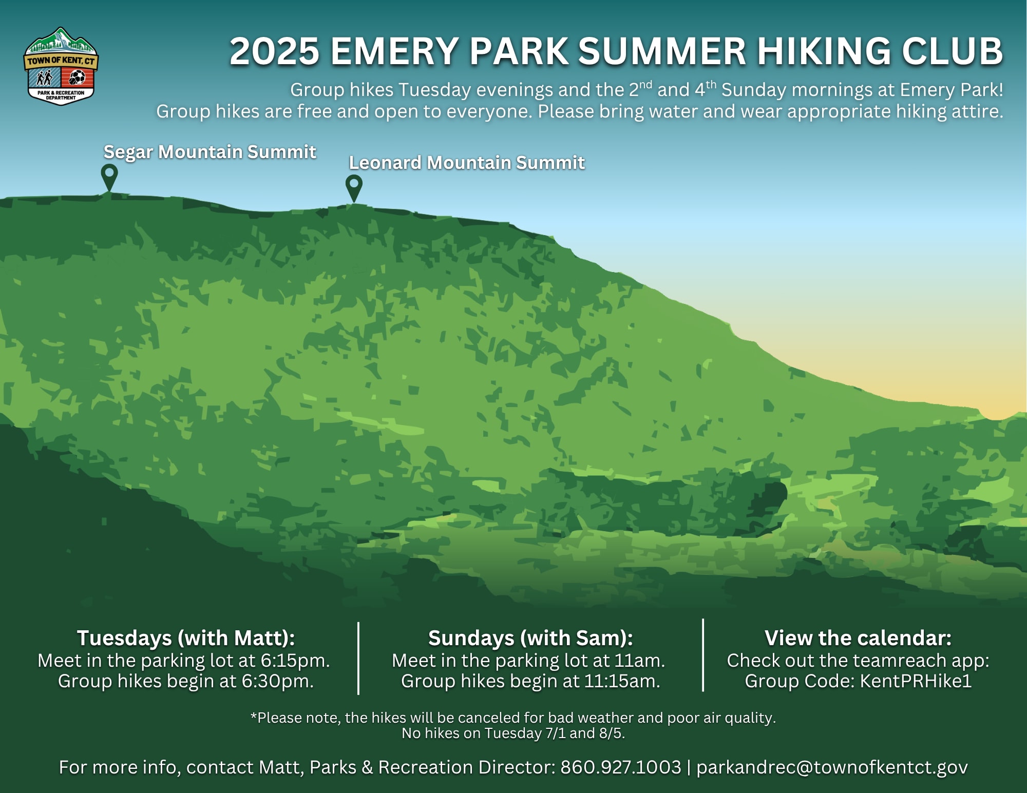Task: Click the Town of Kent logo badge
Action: click(61, 66)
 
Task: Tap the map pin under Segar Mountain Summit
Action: click(109, 178)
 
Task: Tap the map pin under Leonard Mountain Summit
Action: click(354, 188)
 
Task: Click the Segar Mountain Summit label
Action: click(210, 152)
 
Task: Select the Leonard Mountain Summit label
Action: click(467, 163)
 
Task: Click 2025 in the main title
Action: click(274, 51)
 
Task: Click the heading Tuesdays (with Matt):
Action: click(186, 638)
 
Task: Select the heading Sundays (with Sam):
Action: click(530, 638)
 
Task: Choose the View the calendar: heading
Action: click(858, 638)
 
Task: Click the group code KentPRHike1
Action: click(916, 681)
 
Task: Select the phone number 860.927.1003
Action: click(620, 767)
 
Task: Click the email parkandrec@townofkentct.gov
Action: click(832, 768)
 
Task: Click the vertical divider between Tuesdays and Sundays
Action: click(358, 659)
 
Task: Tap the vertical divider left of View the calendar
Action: click(703, 655)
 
